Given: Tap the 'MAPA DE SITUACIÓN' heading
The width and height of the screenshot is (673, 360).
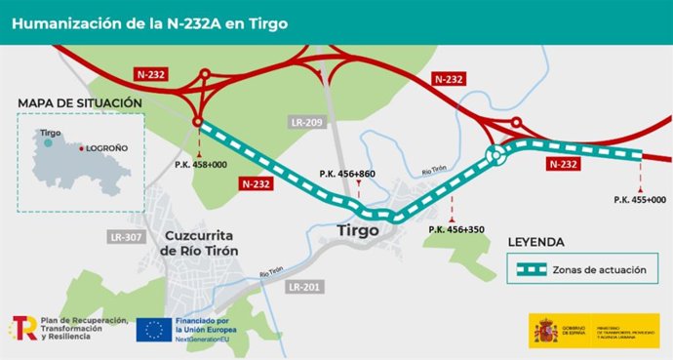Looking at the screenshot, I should [x=80, y=103].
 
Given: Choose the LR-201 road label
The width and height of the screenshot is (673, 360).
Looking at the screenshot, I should [x=305, y=287].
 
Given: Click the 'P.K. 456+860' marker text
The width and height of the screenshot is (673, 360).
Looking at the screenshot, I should [x=346, y=174].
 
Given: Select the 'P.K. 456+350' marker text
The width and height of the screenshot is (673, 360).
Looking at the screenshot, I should [x=455, y=229].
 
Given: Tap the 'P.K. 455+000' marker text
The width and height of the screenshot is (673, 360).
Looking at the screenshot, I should [x=640, y=199].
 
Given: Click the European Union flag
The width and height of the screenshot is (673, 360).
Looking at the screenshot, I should [x=152, y=331].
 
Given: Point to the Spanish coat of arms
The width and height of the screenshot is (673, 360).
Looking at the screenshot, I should [x=546, y=332].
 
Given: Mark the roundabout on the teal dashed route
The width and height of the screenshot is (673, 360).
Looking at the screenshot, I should [x=498, y=154].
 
